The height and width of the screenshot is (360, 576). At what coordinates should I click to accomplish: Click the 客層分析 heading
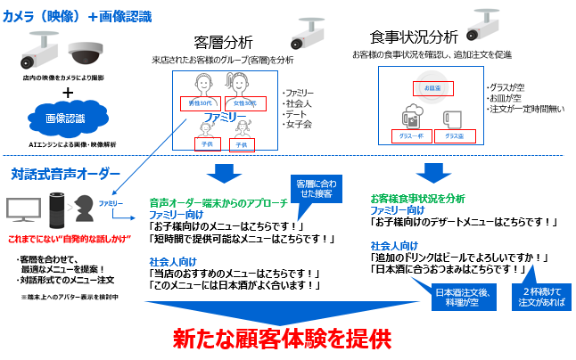coord(223,42)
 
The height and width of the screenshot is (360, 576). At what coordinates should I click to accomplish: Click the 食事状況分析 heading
coord(414,37)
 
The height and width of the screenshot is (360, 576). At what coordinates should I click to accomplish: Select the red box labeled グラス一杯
coord(412,136)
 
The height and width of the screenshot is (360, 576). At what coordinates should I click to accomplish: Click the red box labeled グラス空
coord(455,136)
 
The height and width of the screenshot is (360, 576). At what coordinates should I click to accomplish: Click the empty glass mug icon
coord(451,119)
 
